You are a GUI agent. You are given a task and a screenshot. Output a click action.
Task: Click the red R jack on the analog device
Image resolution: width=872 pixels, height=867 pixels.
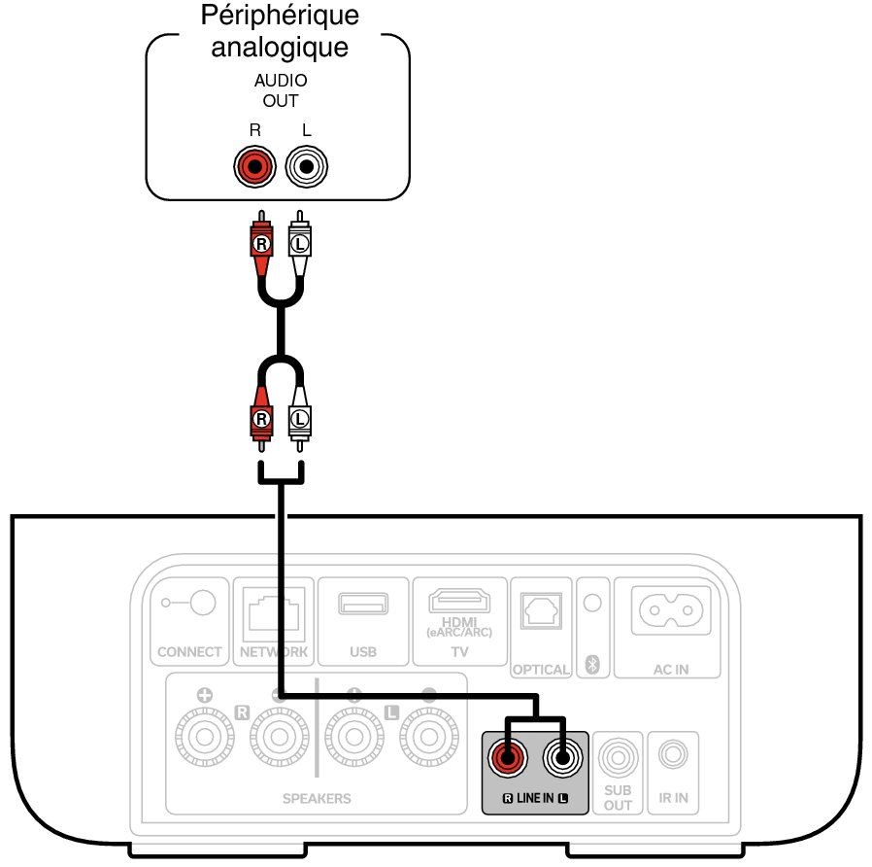coord(254,168)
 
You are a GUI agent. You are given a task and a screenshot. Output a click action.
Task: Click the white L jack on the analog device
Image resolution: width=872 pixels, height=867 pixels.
coord(307,168)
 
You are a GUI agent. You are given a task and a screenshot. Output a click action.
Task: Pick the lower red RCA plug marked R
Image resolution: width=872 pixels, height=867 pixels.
coord(260,418)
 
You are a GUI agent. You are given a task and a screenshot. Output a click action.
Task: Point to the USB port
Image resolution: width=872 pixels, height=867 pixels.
coord(362,603)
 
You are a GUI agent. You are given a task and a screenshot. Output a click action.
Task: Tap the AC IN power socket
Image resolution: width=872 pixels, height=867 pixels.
coord(669,610)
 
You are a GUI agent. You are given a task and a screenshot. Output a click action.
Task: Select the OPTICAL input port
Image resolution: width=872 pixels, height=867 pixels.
coord(540,612)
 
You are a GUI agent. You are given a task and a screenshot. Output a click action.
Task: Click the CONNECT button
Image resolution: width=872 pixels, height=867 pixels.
coord(202,604)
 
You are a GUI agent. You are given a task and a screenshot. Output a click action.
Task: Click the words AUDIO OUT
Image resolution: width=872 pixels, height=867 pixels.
coord(280,90)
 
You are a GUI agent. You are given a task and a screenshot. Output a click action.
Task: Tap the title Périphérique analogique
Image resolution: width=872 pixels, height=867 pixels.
coord(280,31)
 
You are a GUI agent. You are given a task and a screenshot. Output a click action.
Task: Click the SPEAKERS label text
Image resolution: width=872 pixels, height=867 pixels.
coord(317,798)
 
